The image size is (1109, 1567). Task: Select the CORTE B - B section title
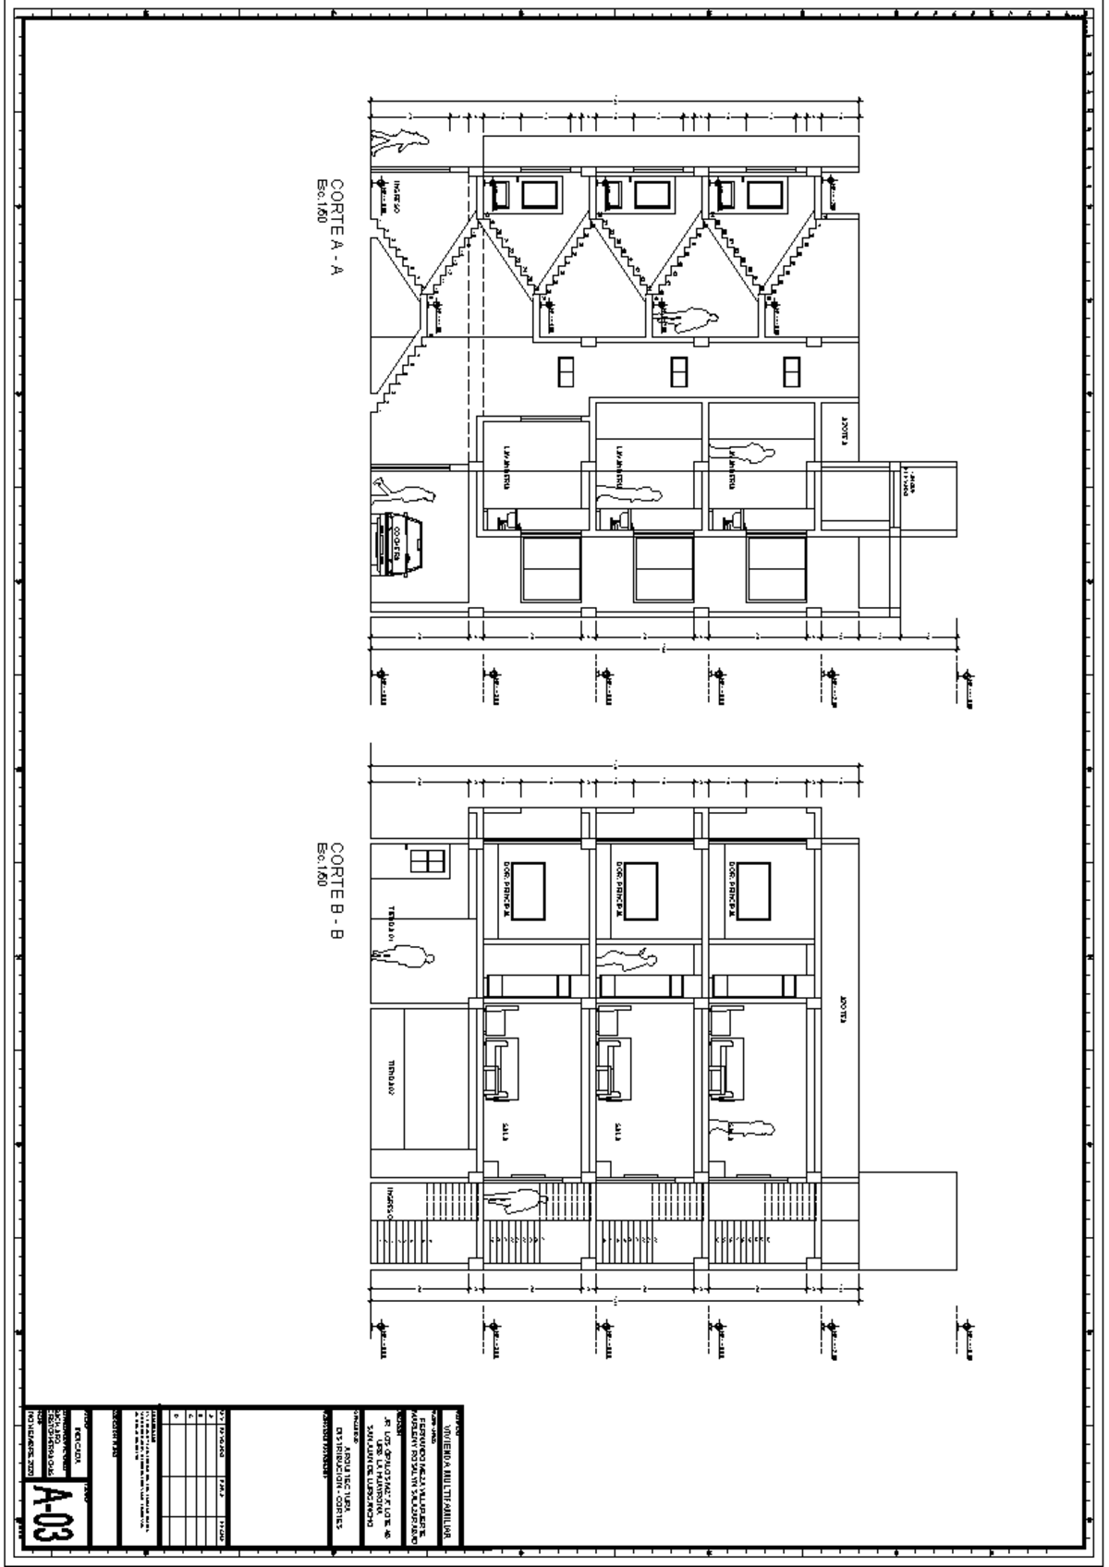tap(337, 891)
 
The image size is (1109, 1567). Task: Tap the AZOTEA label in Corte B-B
tap(843, 1012)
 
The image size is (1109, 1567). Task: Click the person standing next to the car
tap(403, 491)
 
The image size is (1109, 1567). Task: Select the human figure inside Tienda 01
tap(403, 958)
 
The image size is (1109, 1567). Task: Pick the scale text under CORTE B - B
tap(322, 864)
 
